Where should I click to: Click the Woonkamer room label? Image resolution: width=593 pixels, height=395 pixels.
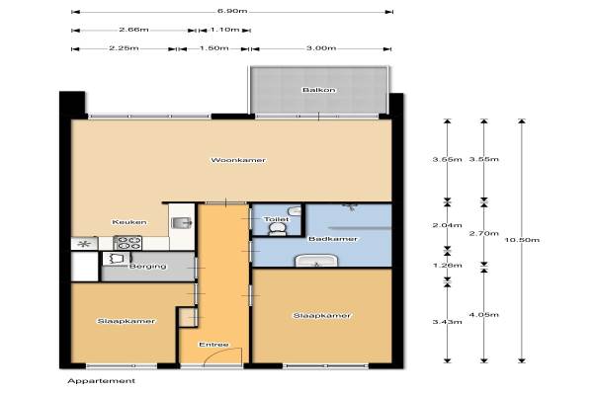pos(238,160)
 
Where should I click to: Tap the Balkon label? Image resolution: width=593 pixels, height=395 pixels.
pos(319,90)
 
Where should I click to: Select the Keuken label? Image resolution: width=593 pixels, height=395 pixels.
pos(128,222)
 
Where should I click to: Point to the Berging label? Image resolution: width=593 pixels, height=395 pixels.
pos(148,266)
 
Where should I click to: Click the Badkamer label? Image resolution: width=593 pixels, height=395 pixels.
pos(333,239)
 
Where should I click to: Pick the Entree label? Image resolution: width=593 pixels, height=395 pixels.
pos(213,345)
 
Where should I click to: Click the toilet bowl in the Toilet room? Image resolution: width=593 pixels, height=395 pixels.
pos(278,229)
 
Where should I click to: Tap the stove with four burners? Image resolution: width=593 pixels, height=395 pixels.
pos(127,243)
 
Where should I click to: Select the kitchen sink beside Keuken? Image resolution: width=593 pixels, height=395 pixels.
pos(182,223)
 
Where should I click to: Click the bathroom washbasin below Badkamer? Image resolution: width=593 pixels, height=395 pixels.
pos(316,261)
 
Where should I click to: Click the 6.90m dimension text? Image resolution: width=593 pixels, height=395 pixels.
pos(232,11)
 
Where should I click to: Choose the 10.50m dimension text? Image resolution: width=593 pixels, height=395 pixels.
pos(522,240)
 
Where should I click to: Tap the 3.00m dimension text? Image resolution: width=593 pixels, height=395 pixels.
pos(321,48)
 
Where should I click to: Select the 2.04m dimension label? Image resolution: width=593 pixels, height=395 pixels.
pos(448,225)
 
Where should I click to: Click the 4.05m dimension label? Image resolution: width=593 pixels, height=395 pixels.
pos(484,314)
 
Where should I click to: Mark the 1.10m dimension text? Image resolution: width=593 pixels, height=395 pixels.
pos(224,30)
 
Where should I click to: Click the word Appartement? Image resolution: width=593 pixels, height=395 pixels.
pos(102,381)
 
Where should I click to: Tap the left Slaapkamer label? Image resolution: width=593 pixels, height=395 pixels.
pos(126,321)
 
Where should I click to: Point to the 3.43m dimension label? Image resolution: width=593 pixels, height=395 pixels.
pos(448,322)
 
